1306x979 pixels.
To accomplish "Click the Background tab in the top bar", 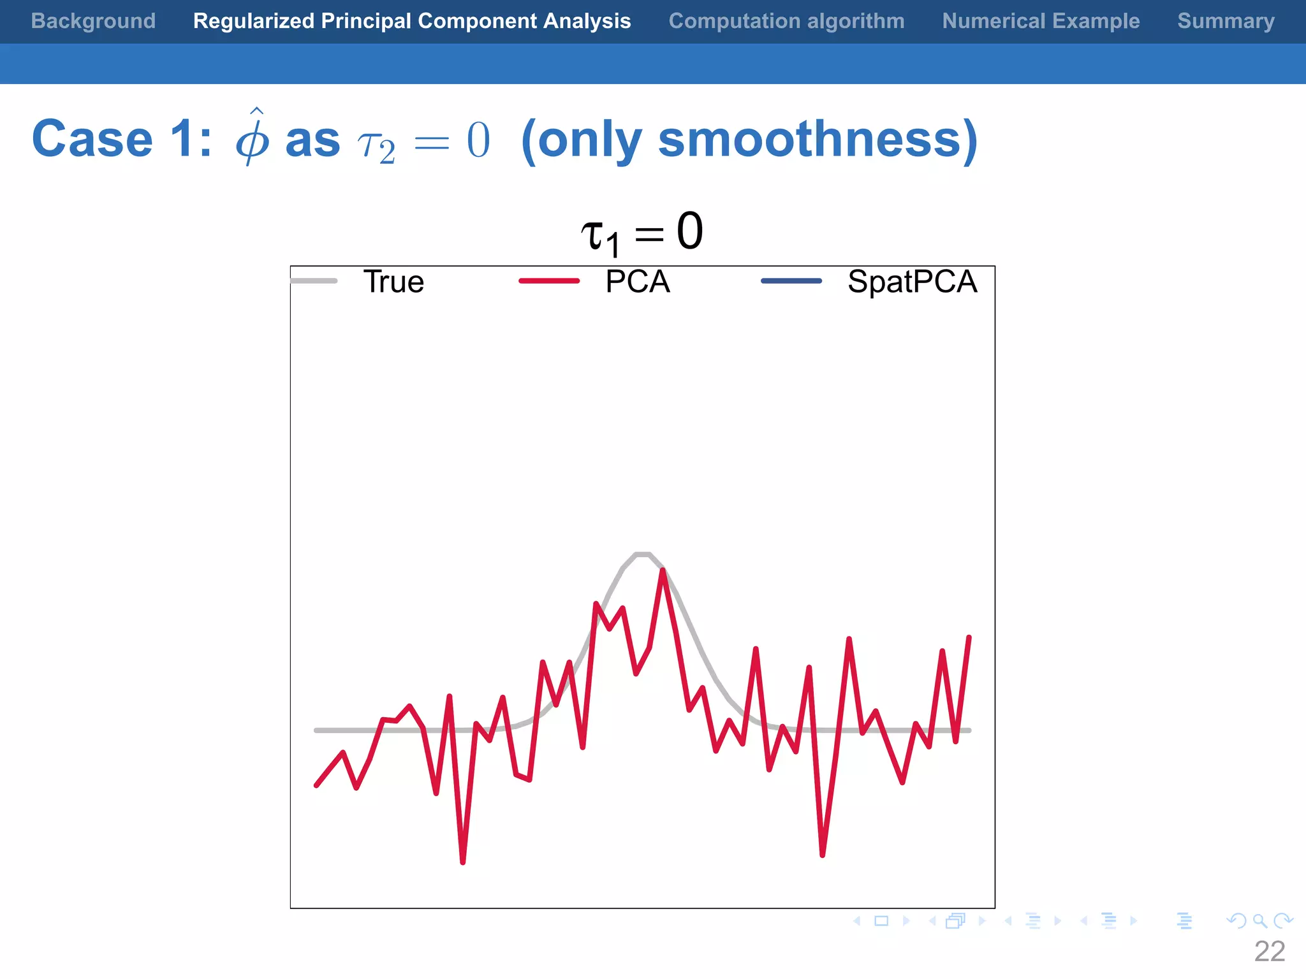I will pos(93,21).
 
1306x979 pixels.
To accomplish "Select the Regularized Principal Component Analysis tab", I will pos(412,21).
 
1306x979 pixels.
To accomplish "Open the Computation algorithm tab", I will pos(786,21).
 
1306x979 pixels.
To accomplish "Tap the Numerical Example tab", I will pos(1041,21).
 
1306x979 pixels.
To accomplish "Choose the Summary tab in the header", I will pos(1226,21).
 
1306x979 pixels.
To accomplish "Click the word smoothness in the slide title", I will pos(810,139).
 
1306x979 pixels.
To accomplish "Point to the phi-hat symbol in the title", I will pos(253,137).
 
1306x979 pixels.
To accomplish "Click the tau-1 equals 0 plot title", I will pos(642,233).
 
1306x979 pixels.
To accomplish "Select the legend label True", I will pos(393,282).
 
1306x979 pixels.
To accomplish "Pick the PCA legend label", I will pos(637,282).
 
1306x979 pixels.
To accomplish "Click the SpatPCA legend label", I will pos(912,282).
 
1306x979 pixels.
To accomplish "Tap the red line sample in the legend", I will pos(549,281).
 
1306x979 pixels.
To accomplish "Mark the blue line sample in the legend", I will pos(791,281).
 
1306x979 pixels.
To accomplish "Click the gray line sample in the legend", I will pos(314,281).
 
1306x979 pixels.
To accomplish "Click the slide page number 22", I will pos(1269,952).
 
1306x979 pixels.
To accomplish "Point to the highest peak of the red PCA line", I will pos(663,570).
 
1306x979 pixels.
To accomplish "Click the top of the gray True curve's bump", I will pos(643,555).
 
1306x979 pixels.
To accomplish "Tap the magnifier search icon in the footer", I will pos(1259,921).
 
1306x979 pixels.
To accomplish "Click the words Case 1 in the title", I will pos(121,139).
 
